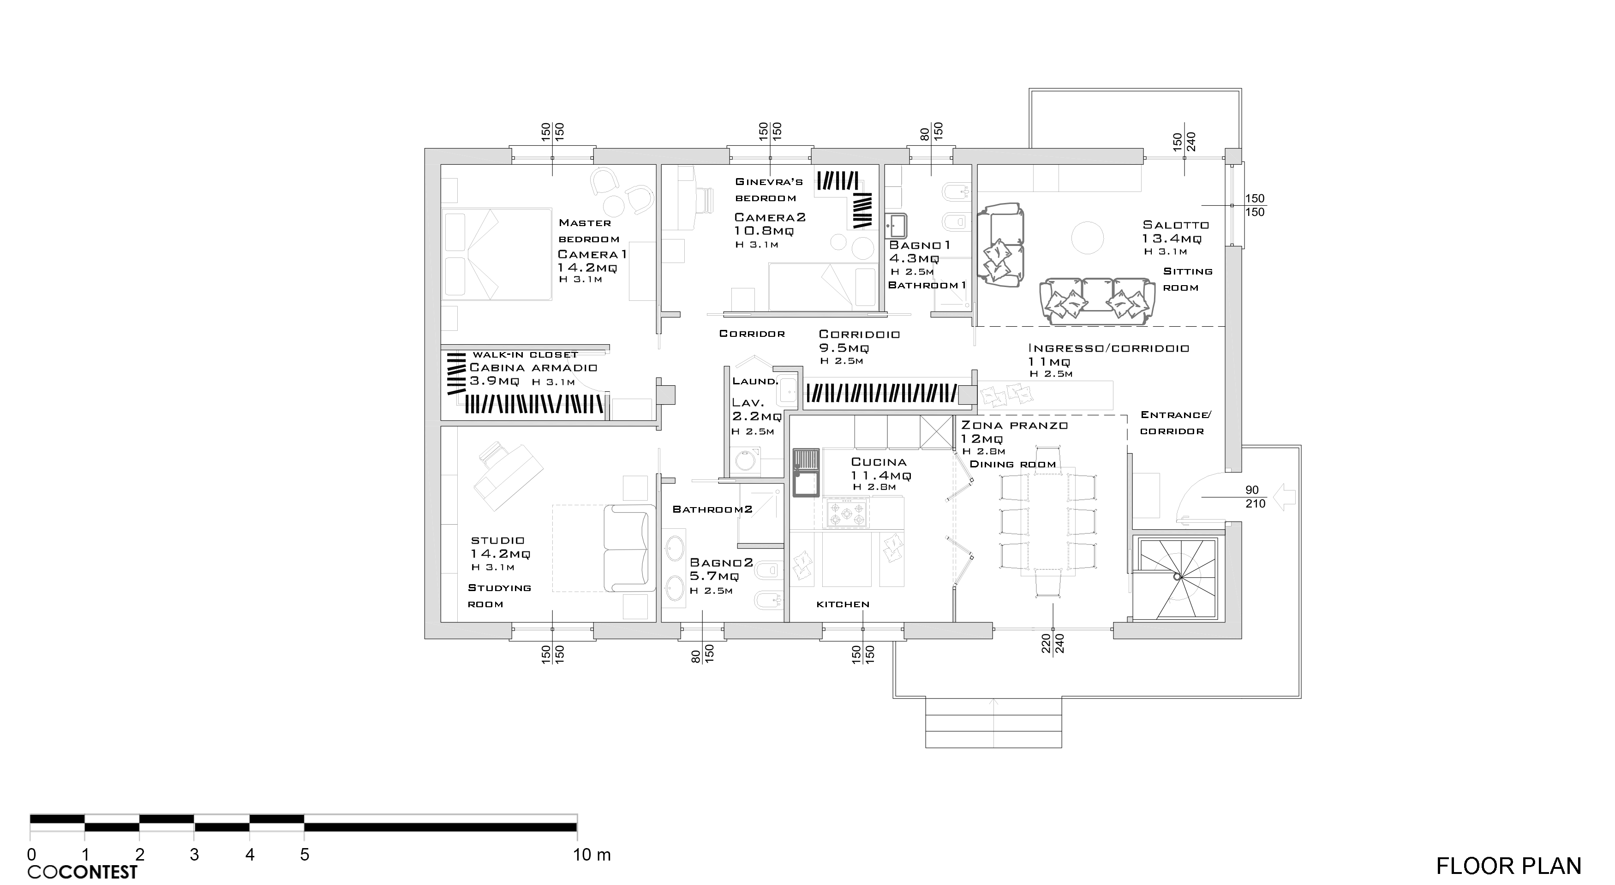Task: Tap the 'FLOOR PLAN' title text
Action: (1508, 866)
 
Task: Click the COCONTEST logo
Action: (82, 872)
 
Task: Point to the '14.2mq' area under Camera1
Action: (587, 268)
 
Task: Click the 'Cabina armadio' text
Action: (533, 368)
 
